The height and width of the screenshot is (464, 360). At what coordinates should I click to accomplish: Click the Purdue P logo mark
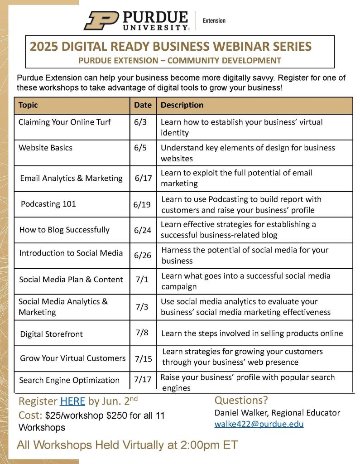click(x=101, y=20)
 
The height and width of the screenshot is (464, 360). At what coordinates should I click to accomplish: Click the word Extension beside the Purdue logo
click(x=214, y=20)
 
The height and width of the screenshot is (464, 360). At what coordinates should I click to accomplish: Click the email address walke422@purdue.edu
click(x=259, y=424)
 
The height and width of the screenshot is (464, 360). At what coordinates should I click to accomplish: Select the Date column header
click(x=143, y=105)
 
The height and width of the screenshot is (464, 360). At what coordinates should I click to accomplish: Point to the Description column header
click(x=182, y=105)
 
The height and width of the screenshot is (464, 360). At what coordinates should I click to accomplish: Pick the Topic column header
click(x=28, y=105)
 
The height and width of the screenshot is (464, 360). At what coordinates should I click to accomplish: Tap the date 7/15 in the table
click(x=143, y=359)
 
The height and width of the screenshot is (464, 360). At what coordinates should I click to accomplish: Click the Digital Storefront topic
click(x=51, y=334)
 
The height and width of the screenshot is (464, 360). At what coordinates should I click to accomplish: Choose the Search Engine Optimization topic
click(x=69, y=380)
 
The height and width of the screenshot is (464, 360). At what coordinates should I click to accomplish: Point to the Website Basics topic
click(x=45, y=148)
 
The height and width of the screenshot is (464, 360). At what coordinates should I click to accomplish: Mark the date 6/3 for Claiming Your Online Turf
click(x=140, y=122)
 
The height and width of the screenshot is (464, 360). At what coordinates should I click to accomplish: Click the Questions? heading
click(x=241, y=400)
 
